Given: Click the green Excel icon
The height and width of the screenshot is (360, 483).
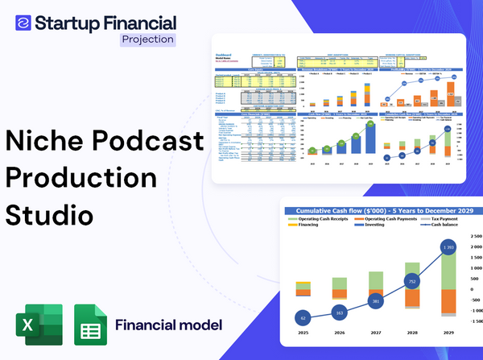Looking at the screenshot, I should tap(39, 325).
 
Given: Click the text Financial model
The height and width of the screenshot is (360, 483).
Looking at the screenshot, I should tap(168, 325).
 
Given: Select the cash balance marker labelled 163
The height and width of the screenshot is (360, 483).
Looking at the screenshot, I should tap(339, 312).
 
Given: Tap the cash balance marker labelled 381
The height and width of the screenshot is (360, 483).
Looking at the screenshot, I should tap(375, 301).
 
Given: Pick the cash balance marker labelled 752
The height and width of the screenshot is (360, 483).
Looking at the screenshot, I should tap(411, 282).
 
